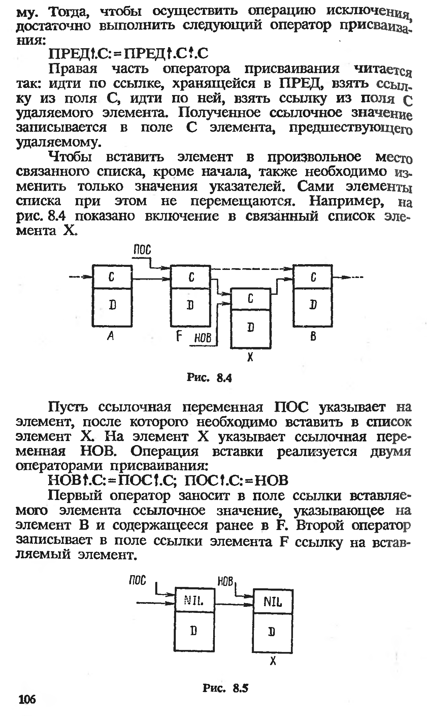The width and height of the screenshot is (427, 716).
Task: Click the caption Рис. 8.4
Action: pos(209,378)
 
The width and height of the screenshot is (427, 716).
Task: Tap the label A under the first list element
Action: pos(109,336)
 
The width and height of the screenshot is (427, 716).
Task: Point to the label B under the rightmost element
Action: pos(313,336)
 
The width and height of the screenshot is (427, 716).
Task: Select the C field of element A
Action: pos(111,277)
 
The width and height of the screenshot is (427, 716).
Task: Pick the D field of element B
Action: pos(313,306)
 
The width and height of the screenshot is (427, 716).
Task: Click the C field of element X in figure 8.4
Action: pos(250,299)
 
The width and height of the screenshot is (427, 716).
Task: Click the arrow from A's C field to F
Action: pos(151,279)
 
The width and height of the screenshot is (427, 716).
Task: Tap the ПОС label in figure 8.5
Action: pos(137,580)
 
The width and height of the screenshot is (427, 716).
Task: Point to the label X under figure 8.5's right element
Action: pos(273,661)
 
